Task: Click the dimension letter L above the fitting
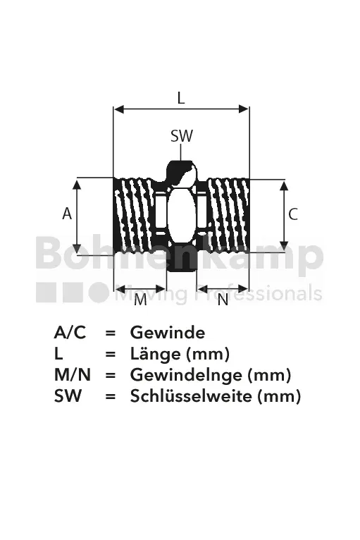click(x=180, y=98)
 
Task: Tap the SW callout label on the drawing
click(x=182, y=136)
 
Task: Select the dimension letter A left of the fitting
click(x=67, y=214)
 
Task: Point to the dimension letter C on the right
click(x=293, y=214)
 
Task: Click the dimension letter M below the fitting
click(x=140, y=300)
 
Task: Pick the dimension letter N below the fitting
click(x=223, y=300)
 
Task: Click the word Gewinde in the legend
click(x=168, y=333)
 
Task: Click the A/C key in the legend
click(x=70, y=333)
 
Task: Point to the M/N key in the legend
click(x=73, y=375)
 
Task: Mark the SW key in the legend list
click(x=68, y=395)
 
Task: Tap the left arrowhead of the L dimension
click(x=119, y=109)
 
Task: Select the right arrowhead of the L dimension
click(x=244, y=109)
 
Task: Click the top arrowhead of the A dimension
click(x=77, y=183)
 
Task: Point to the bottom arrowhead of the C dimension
click(x=284, y=246)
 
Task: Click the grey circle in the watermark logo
click(x=99, y=293)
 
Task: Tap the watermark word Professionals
click(x=259, y=294)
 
